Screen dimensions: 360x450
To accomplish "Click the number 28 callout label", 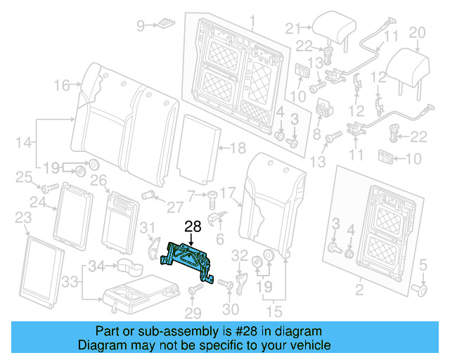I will pos(193,227).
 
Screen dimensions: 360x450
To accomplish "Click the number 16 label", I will pos(61,86).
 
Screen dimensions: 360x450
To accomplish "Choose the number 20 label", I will pos(417,32).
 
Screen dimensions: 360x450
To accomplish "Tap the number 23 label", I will pos(22,217).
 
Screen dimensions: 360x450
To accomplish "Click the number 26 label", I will pos(98,181).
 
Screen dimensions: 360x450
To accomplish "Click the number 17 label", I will pos(226,192).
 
